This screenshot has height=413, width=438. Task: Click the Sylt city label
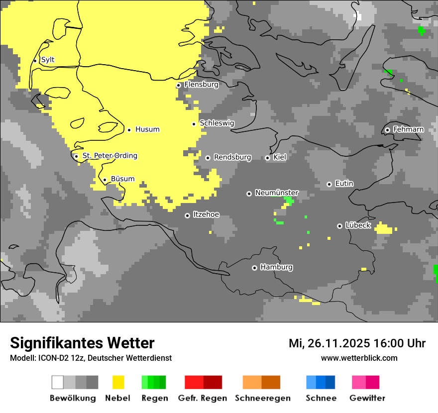[48, 60]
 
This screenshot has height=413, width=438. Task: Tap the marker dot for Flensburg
[178, 85]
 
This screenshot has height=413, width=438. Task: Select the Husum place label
[147, 129]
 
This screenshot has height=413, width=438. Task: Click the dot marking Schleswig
[194, 124]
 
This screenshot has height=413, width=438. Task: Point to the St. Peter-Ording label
[109, 156]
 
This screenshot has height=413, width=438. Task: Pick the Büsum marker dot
[105, 180]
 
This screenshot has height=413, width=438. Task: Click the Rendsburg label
[232, 157]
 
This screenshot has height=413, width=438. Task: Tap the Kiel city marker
[267, 158]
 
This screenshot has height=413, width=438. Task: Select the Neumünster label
[277, 193]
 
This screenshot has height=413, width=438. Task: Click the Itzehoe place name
[206, 214]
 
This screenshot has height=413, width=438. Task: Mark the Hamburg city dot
[254, 268]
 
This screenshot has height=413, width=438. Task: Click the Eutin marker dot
[329, 184]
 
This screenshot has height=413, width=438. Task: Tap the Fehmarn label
[408, 129]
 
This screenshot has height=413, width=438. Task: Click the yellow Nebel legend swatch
[118, 382]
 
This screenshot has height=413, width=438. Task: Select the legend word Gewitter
[367, 398]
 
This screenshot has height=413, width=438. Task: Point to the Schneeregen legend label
[262, 398]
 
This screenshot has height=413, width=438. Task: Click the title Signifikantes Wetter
[82, 343]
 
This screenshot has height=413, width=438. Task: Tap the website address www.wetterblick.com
[359, 358]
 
